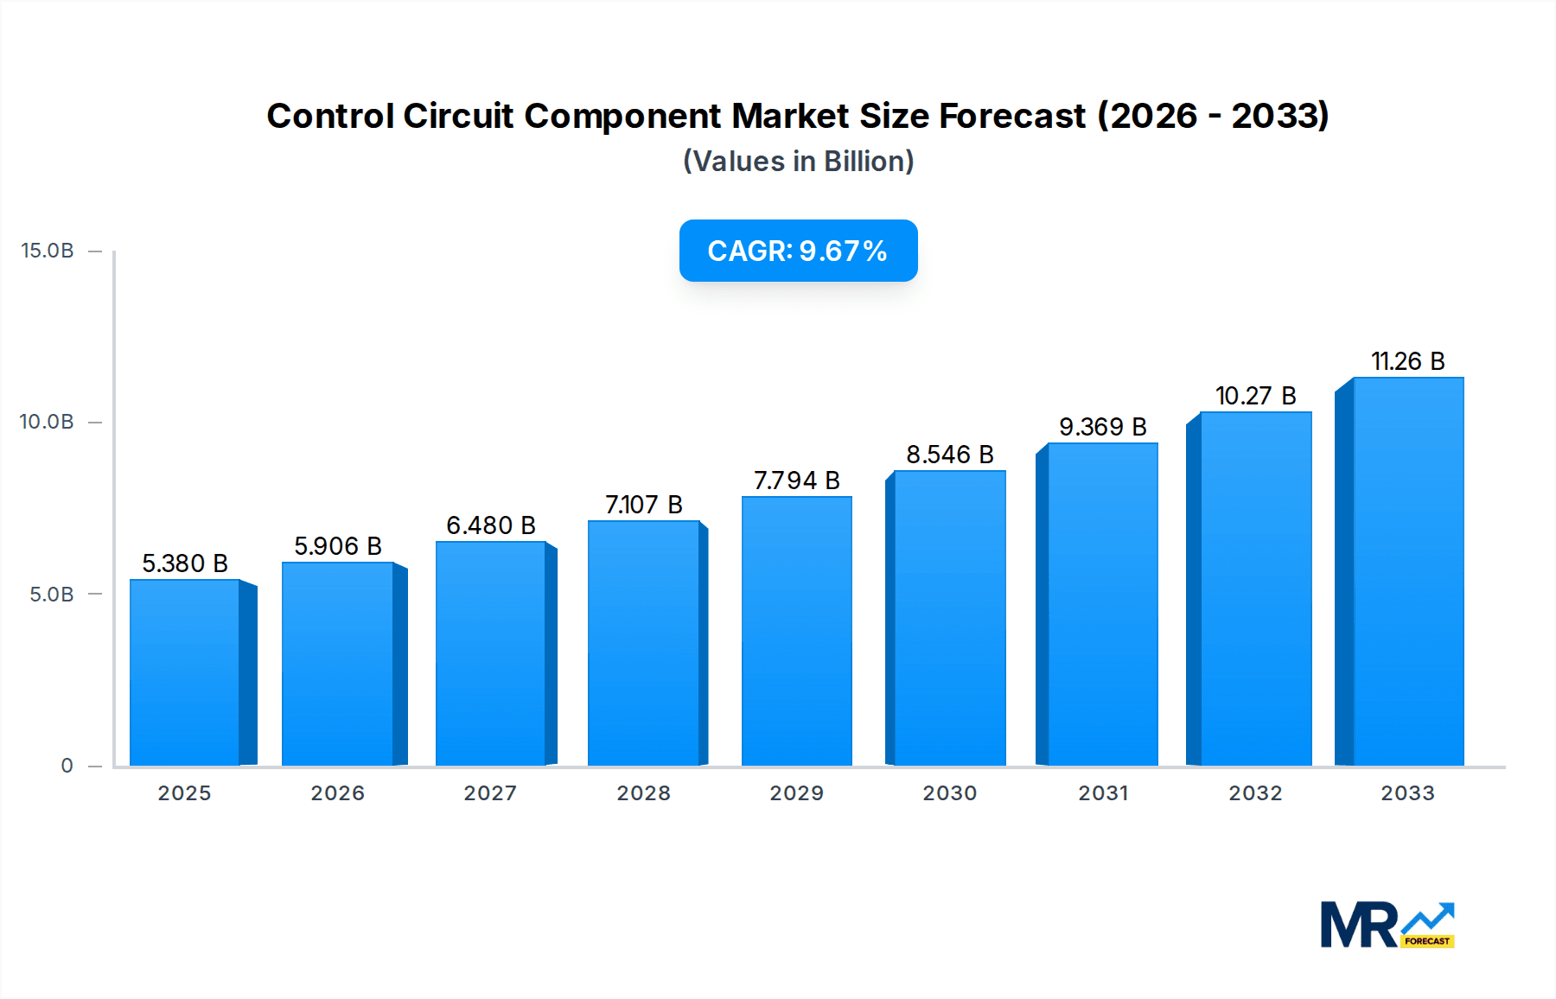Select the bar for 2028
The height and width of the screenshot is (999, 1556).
(643, 643)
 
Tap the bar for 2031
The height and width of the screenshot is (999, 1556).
(1102, 605)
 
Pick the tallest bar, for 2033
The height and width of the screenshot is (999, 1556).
(1408, 571)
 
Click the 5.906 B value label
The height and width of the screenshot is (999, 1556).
(338, 546)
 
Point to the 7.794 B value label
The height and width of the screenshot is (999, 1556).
(797, 480)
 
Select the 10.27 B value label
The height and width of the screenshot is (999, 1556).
(1256, 396)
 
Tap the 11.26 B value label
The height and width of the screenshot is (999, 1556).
(1408, 361)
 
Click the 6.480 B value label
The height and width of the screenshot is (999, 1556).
(491, 525)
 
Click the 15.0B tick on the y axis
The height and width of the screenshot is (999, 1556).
(48, 251)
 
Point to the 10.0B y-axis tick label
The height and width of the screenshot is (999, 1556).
(48, 422)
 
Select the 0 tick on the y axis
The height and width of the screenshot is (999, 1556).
(67, 766)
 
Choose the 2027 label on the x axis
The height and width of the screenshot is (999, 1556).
(490, 793)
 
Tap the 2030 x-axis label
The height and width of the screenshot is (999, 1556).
(950, 793)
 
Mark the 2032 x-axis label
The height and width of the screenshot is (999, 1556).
(1256, 793)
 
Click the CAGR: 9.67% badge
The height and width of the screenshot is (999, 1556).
(798, 251)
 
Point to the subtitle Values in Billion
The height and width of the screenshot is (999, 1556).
(799, 162)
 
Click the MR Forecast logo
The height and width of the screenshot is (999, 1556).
(1387, 925)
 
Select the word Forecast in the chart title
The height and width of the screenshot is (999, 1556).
(1012, 116)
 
